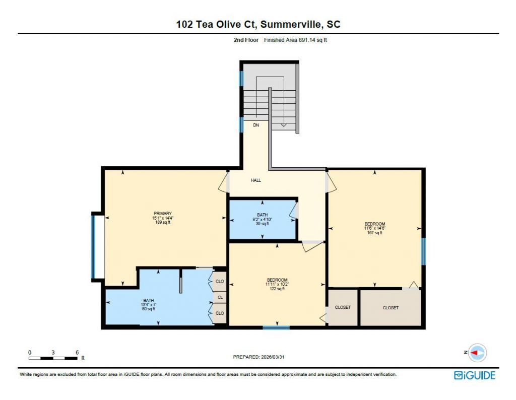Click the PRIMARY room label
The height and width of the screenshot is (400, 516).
[163, 214]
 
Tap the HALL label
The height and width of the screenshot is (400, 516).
[256, 180]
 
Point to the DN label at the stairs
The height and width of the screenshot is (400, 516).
[256, 125]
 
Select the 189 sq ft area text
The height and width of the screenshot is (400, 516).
[163, 223]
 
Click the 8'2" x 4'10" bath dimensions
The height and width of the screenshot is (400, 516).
[262, 219]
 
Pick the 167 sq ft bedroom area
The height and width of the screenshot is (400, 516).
[375, 233]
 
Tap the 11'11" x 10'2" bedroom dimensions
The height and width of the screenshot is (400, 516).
[277, 284]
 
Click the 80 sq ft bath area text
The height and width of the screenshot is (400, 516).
[148, 309]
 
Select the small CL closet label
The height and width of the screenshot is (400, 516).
[220, 297]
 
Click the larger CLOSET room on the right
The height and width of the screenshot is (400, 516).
[391, 307]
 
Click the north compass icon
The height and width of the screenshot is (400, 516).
[477, 353]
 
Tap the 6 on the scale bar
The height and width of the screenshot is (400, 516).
[77, 352]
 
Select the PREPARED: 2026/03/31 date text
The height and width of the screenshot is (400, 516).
[262, 357]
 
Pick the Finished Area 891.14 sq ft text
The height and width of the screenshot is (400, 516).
[296, 40]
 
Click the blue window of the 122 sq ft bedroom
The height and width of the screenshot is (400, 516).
[276, 327]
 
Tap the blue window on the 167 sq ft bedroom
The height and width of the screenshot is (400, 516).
[423, 251]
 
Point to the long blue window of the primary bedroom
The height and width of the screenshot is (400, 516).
[93, 246]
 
